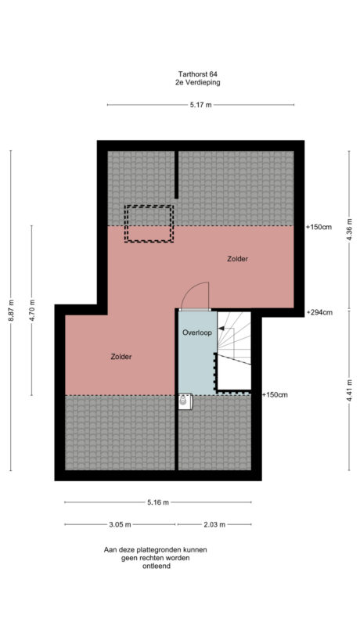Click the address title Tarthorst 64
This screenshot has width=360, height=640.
pos(197,74)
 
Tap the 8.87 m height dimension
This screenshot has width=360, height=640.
pos(11,311)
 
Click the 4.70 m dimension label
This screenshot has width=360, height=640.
pos(31,311)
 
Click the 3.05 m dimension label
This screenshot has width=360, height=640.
pos(120,524)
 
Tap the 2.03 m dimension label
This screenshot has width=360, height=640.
pos(214,524)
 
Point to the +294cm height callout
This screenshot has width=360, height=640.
pos(319,312)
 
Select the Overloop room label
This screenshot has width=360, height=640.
pos(196,332)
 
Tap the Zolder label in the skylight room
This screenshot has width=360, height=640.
pos(238,258)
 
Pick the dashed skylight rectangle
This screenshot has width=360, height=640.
pos(149,224)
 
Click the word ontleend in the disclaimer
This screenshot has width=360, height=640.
pos(157,566)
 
